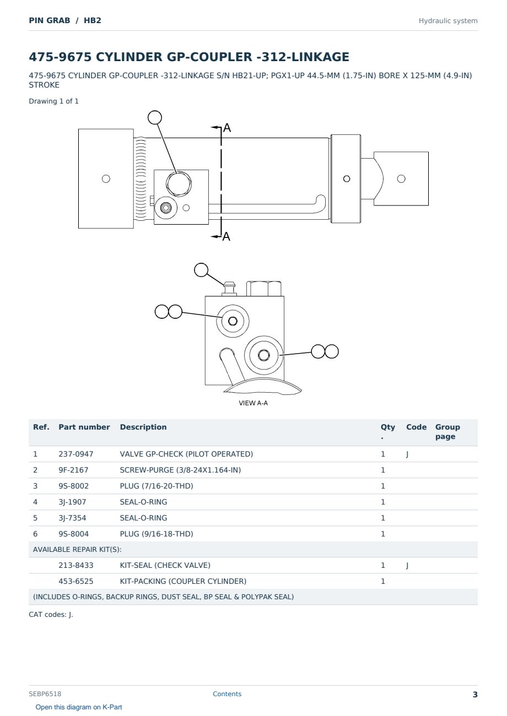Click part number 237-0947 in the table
tap(76, 454)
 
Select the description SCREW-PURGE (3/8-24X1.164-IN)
tap(180, 470)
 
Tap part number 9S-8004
tap(74, 534)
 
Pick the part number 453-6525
tap(76, 581)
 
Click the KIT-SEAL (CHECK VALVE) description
tap(165, 565)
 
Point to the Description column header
tap(143, 427)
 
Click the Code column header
tap(416, 427)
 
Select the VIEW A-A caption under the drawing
tap(253, 403)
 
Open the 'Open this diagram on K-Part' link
tap(79, 707)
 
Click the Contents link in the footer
tap(227, 694)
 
